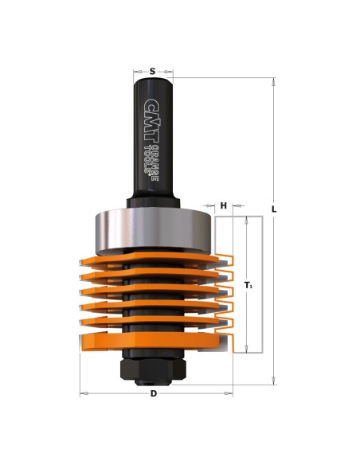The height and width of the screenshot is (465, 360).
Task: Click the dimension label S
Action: [x=152, y=71]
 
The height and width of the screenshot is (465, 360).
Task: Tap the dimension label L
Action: [x=274, y=209]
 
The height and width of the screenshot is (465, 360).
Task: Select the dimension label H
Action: [x=224, y=205]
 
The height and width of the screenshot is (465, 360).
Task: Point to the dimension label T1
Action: [x=248, y=285]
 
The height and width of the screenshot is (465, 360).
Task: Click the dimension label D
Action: [x=153, y=393]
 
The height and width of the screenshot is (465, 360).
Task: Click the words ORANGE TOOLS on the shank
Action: [x=151, y=162]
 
